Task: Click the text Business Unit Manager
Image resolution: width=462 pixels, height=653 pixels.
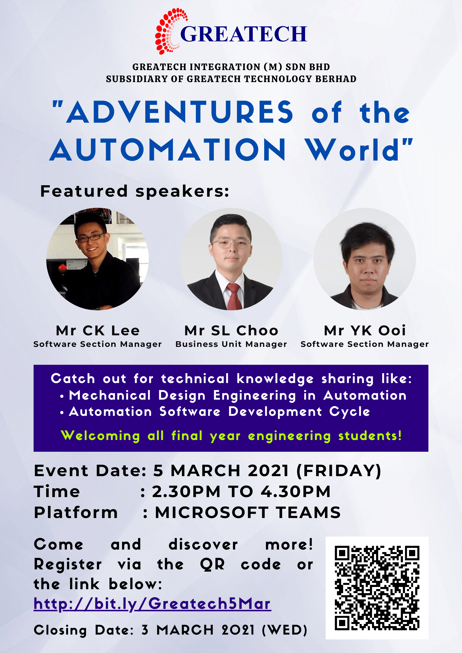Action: pos(231,344)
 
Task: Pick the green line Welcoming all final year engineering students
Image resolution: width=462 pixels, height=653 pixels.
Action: pos(231,436)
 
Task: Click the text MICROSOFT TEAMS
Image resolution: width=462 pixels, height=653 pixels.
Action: pos(248,512)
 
